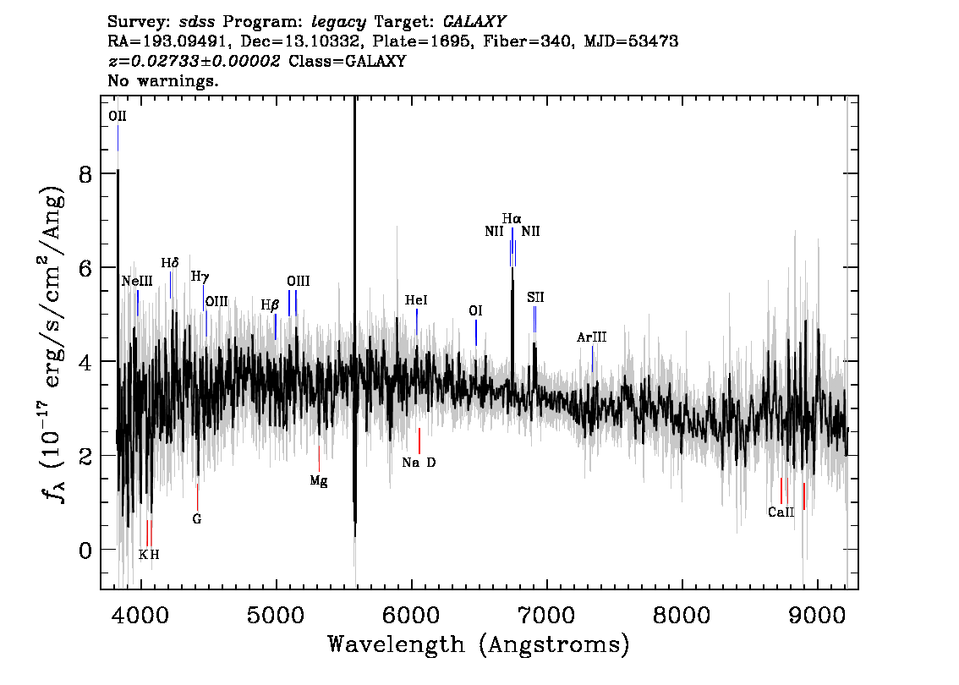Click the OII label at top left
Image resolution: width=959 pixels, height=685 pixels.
pyautogui.click(x=118, y=116)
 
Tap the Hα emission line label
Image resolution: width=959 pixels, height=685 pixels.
pyautogui.click(x=512, y=218)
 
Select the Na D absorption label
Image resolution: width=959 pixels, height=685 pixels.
pyautogui.click(x=419, y=463)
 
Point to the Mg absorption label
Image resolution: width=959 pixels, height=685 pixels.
pyautogui.click(x=319, y=480)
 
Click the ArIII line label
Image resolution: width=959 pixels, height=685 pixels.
pyautogui.click(x=591, y=337)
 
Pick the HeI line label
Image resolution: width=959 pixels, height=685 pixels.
pyautogui.click(x=416, y=299)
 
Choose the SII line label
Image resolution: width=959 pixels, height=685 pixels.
pyautogui.click(x=535, y=297)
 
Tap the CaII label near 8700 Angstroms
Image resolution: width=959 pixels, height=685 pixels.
pyautogui.click(x=781, y=512)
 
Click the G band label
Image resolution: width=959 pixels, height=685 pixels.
pyautogui.click(x=197, y=519)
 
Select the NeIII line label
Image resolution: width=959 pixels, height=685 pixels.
pyautogui.click(x=137, y=282)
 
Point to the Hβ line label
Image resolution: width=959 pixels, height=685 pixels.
pyautogui.click(x=270, y=305)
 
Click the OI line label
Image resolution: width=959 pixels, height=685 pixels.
pyautogui.click(x=475, y=310)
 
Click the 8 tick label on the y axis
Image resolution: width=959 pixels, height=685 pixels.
pyautogui.click(x=85, y=174)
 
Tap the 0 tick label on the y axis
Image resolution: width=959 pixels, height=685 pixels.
pyautogui.click(x=85, y=551)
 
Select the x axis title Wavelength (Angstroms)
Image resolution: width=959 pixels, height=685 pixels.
pyautogui.click(x=479, y=644)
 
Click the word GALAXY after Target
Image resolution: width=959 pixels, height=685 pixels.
pyautogui.click(x=474, y=22)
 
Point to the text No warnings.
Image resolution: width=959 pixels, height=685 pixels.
pyautogui.click(x=163, y=80)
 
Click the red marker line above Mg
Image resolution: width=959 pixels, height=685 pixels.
pyautogui.click(x=319, y=458)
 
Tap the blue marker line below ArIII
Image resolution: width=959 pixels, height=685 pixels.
pyautogui.click(x=592, y=359)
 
